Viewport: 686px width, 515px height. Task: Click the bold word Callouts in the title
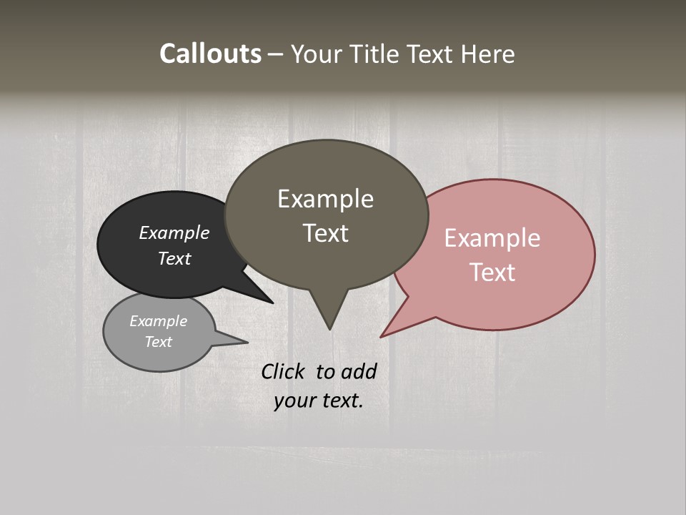click(210, 54)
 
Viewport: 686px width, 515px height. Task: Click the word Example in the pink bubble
click(492, 238)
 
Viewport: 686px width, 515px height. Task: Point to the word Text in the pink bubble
click(492, 273)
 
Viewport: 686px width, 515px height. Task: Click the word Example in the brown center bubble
click(325, 199)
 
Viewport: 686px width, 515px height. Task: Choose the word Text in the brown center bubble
click(325, 233)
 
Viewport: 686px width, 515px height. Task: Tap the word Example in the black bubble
click(174, 233)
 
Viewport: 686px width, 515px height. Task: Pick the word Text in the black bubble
click(174, 258)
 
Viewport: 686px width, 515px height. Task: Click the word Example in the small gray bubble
click(159, 321)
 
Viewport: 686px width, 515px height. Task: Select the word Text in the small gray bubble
click(159, 342)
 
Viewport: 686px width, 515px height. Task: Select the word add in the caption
click(359, 372)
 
